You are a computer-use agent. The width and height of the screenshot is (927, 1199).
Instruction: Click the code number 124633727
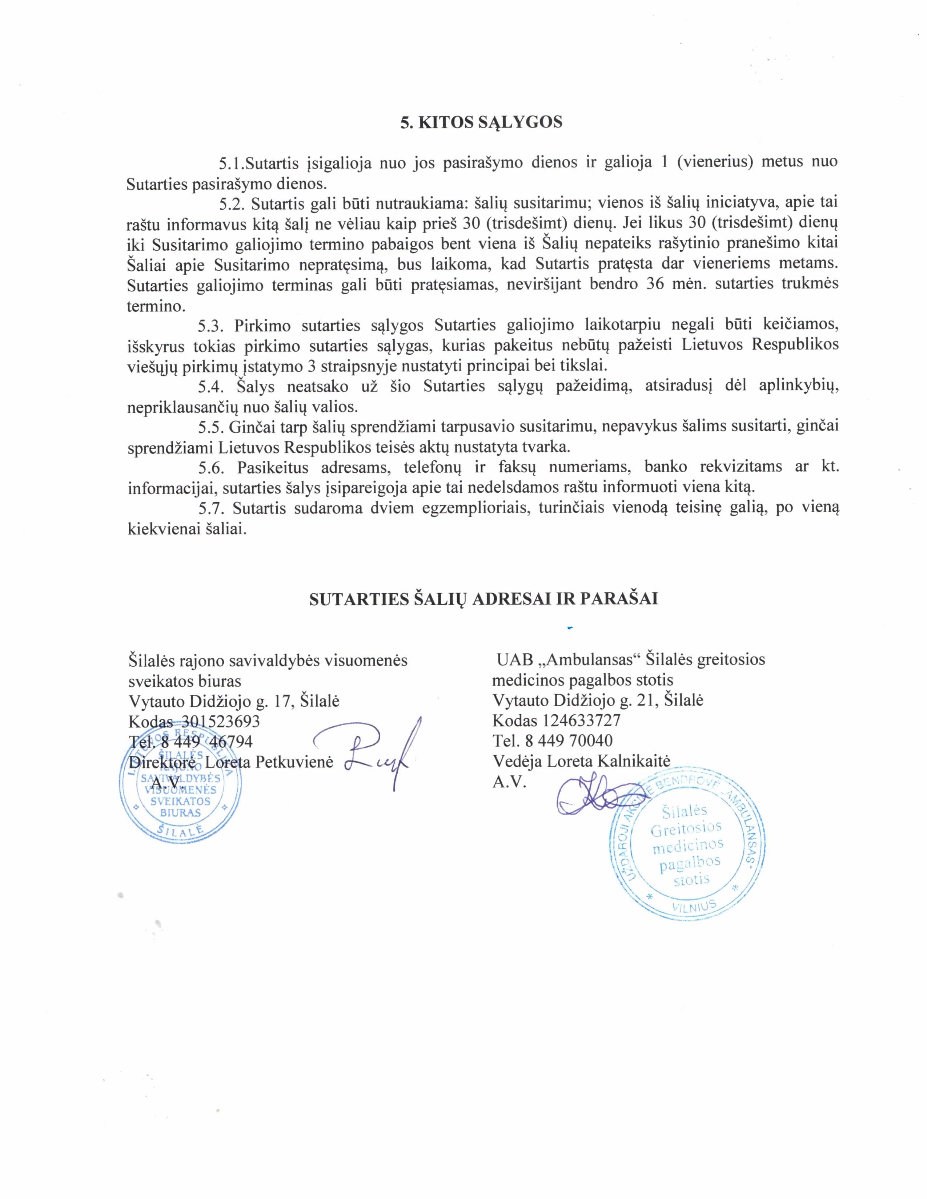point(582,720)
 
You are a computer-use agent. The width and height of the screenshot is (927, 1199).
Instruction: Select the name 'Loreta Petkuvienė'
point(269,762)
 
